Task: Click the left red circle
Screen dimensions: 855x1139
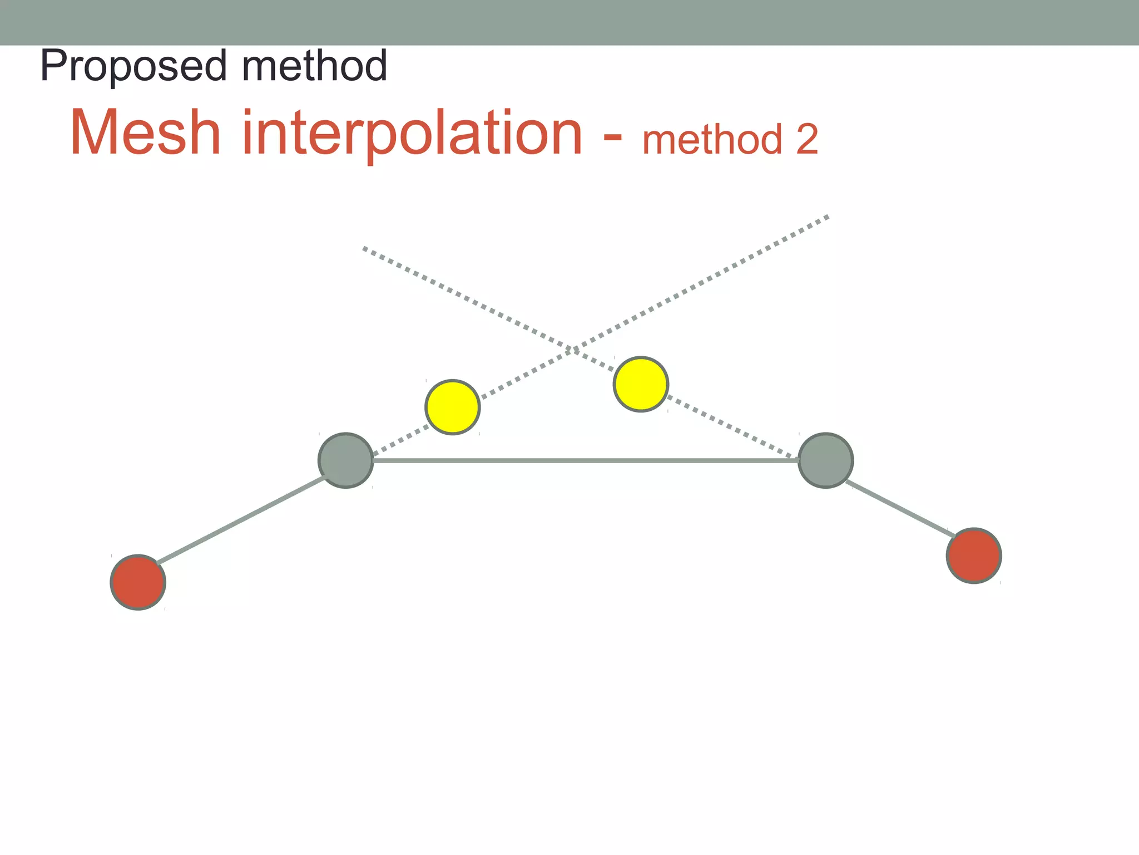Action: point(138,582)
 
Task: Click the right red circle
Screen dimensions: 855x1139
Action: point(974,556)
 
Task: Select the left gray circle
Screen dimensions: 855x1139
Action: point(346,460)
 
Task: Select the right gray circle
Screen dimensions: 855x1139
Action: point(826,460)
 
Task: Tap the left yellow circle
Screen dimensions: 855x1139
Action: point(453,407)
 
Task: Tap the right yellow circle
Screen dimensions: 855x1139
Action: point(641,384)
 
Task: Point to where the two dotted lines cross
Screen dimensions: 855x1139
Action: point(573,349)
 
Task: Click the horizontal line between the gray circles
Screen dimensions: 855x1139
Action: point(584,460)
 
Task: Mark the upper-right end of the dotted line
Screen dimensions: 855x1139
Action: point(826,217)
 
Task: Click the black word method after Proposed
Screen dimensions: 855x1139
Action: point(314,66)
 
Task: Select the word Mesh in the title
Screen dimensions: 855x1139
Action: point(146,134)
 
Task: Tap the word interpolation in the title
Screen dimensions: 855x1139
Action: point(412,134)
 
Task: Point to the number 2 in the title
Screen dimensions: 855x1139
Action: point(807,140)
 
